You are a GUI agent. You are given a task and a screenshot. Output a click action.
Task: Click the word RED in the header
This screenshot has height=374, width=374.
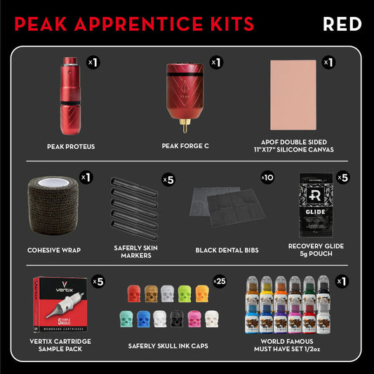point(342,23)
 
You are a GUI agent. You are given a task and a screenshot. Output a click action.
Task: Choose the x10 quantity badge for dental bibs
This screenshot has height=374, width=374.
point(267,178)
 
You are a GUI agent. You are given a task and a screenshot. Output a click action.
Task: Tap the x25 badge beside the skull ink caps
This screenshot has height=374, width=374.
point(219,282)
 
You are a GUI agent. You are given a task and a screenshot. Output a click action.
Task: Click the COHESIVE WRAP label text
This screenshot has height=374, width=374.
point(55,249)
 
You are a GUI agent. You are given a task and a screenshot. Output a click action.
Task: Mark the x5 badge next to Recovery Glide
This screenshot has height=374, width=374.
point(342,178)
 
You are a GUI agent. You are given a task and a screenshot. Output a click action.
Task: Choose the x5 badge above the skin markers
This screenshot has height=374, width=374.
point(168,179)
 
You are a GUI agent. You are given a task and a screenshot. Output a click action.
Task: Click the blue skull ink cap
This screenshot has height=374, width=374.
point(145,318)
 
